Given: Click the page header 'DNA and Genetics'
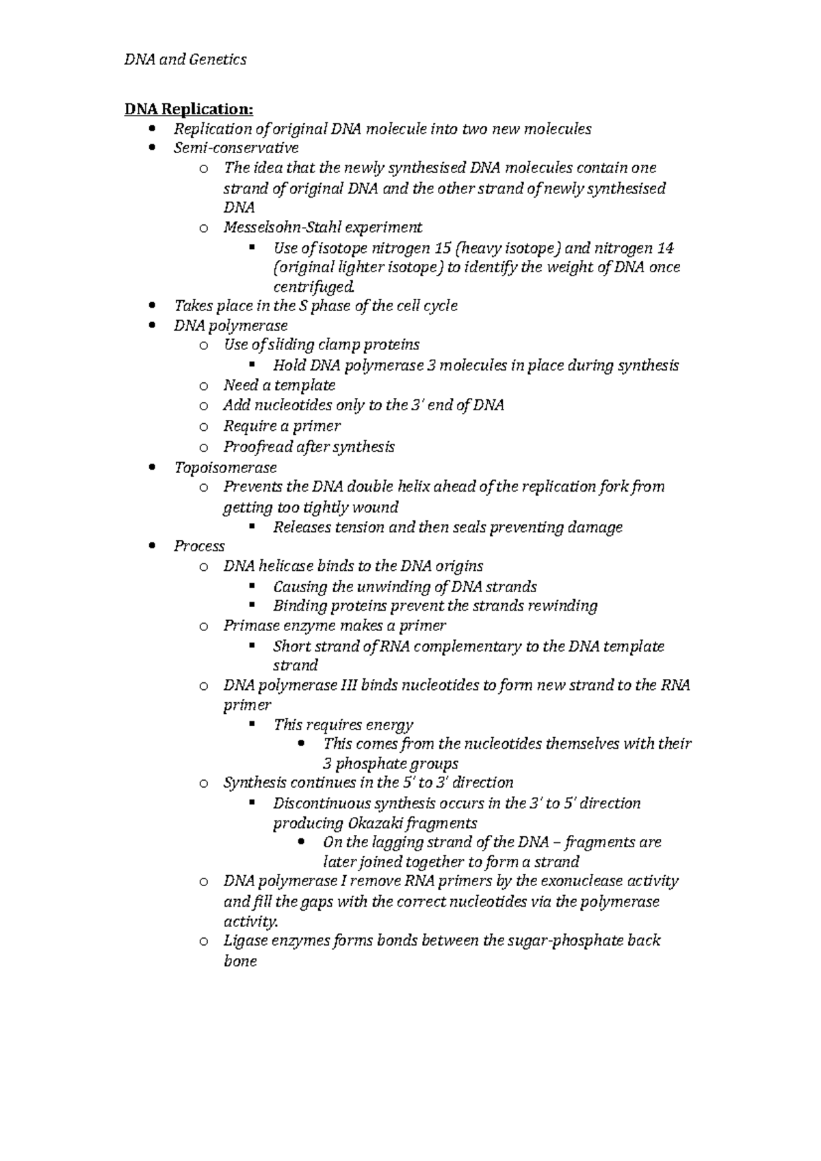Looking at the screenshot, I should [x=185, y=59].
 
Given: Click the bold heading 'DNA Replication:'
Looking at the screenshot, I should [x=188, y=109].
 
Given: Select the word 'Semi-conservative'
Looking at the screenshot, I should [x=235, y=148].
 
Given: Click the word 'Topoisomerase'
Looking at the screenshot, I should [x=225, y=468].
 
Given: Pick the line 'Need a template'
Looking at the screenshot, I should [x=279, y=385].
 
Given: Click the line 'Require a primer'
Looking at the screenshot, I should [x=281, y=426].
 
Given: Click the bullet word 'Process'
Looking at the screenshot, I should [x=199, y=546].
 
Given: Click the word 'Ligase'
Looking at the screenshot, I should [x=244, y=940].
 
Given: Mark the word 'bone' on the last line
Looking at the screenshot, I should [x=240, y=961].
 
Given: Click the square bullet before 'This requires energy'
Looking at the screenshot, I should [x=252, y=723].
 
